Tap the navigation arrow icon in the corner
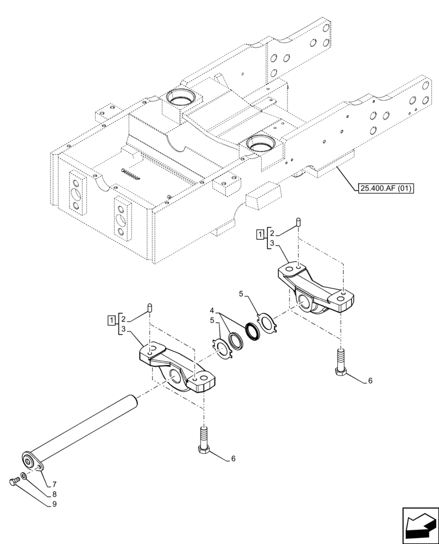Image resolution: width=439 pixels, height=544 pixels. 419,526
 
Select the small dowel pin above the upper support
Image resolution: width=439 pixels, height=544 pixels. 298,221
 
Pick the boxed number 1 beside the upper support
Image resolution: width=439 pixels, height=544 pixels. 261,234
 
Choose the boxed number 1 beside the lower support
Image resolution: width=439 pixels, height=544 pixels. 111,319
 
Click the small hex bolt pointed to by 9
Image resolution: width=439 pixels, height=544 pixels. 16,481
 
